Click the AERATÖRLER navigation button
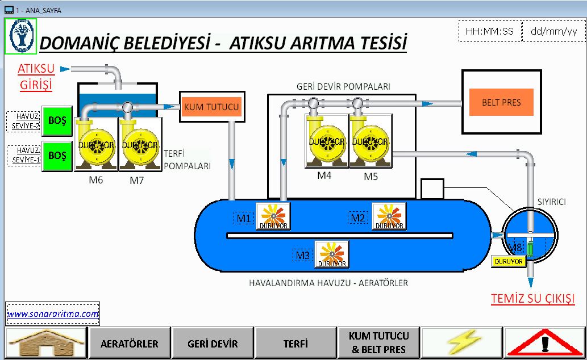point(130,343)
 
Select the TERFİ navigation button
point(295,343)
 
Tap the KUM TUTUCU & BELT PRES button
point(378,342)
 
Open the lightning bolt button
point(461,343)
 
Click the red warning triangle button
point(544,343)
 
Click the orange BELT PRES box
point(501,103)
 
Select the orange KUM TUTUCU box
point(211,106)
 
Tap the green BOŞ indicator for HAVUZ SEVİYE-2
point(57,121)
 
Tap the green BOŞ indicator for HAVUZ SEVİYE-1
point(57,155)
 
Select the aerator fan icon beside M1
point(273,216)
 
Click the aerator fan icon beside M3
point(331,254)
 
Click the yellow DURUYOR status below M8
point(507,262)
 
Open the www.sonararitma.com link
point(53,313)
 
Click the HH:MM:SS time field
point(489,32)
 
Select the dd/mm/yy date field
point(553,32)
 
